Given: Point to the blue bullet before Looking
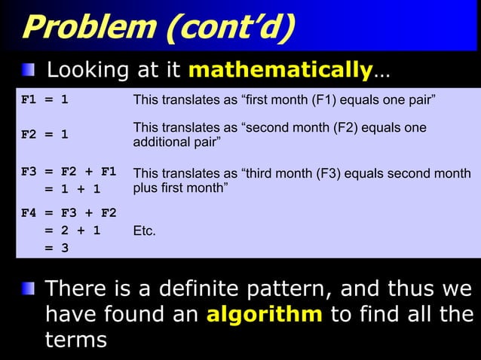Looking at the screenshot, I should (x=29, y=71).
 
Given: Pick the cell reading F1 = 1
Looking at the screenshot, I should (x=45, y=99).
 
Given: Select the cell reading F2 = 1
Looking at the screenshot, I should (x=45, y=135).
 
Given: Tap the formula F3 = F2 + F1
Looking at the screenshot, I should (x=69, y=173).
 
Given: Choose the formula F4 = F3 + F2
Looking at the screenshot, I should (x=69, y=213).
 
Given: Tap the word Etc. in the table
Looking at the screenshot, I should (x=145, y=231).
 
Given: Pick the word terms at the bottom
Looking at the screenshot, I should (x=76, y=339).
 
